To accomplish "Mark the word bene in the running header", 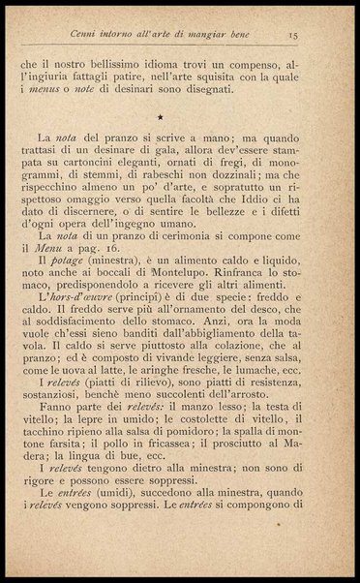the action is coord(237,36).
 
